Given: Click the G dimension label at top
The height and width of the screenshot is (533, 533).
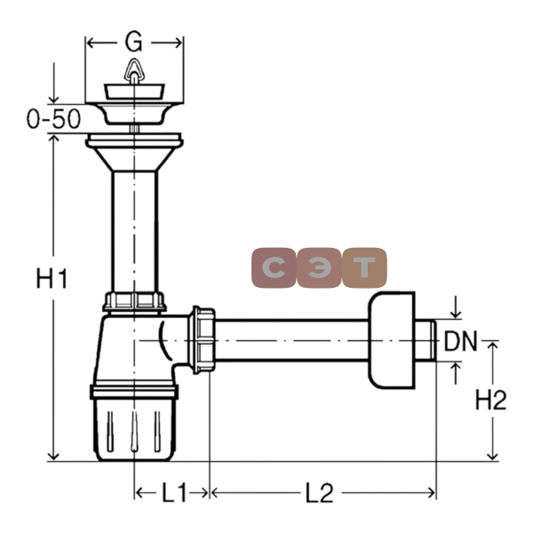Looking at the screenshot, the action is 133,42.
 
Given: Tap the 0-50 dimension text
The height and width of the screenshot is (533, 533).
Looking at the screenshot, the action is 53,119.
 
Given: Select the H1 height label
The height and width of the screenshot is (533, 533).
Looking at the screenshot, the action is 52,278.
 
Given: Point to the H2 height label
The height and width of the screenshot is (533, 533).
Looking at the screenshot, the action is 490,400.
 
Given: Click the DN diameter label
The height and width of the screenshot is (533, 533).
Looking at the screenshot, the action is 461,340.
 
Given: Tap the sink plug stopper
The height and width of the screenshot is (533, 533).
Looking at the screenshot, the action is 134,91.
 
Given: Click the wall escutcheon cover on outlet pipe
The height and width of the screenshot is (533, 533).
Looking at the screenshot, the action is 392,340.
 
